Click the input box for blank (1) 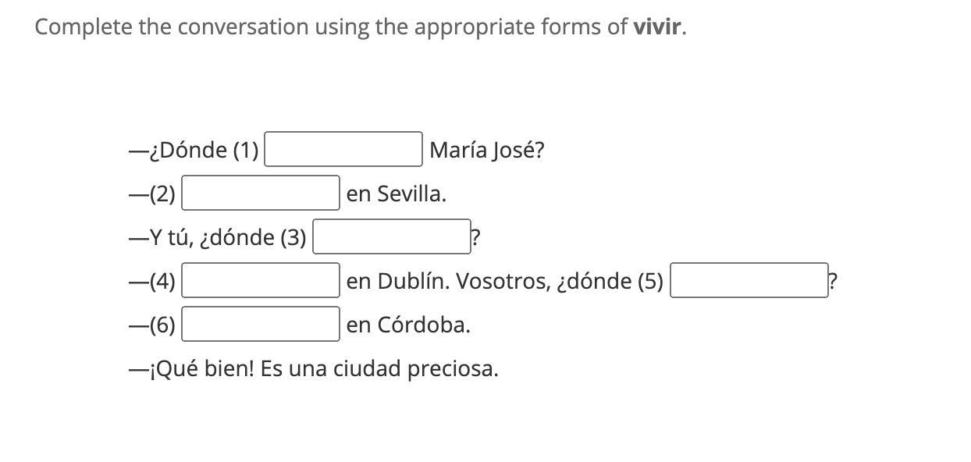(x=343, y=149)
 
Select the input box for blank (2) (x=261, y=193)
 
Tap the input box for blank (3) (x=392, y=236)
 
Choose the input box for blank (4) (x=261, y=280)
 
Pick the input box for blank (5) (x=749, y=280)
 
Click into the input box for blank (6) (x=261, y=324)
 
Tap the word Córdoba (x=424, y=325)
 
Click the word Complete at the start (x=84, y=27)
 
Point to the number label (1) (x=246, y=150)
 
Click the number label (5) (x=650, y=281)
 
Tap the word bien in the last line (x=228, y=368)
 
